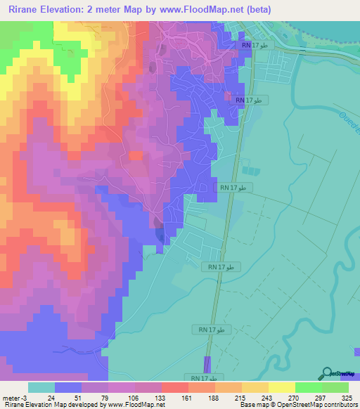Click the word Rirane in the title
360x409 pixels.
coord(26,10)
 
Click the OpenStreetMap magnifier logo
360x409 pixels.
coord(328,373)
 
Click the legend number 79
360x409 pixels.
coord(106,398)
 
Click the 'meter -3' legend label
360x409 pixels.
coord(14,398)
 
